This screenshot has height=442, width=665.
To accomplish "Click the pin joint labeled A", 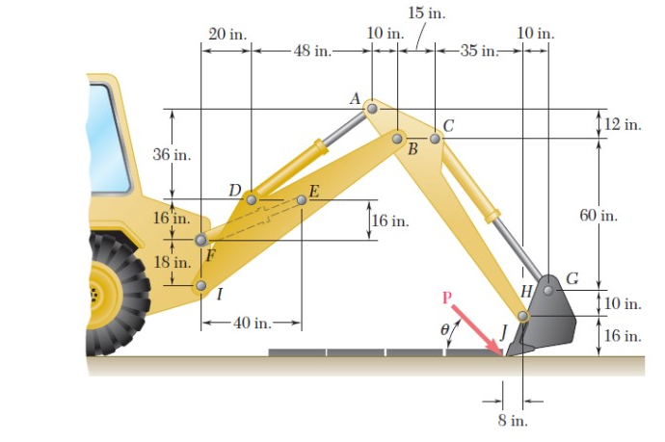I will click(372, 109).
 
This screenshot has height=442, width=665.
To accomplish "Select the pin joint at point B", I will click(398, 139).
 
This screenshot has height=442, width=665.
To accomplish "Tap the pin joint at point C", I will click(435, 139).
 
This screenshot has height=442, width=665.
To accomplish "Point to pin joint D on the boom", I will click(251, 199).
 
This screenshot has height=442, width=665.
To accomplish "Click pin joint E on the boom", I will click(302, 199).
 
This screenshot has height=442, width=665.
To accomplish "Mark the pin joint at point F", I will click(200, 240).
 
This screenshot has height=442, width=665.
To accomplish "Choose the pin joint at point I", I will click(200, 285).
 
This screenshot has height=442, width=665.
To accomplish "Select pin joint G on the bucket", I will click(548, 288).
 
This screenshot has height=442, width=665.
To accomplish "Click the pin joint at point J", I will click(523, 316).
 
